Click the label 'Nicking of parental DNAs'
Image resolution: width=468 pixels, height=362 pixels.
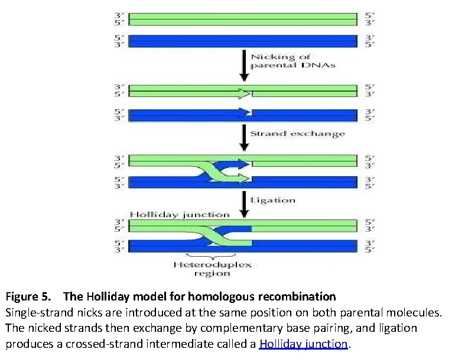pos(293,61)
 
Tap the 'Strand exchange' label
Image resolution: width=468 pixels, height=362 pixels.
pos(297,134)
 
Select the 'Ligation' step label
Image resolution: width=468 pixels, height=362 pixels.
pos(272,200)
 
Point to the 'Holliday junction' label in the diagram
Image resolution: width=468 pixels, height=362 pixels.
pos(180,214)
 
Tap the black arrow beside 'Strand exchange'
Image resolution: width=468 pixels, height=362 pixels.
pos(243,137)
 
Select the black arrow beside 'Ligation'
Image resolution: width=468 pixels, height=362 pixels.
pos(243,202)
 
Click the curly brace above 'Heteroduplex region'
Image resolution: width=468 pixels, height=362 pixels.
pos(212,255)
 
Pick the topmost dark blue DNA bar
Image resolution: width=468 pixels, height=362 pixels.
pos(243,41)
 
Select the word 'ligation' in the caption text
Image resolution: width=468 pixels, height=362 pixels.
pos(396,328)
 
